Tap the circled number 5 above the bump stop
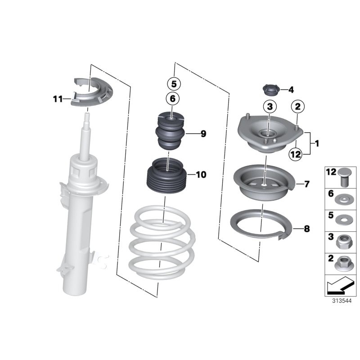click(x=174, y=84)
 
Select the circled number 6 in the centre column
click(x=174, y=98)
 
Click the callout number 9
click(x=202, y=134)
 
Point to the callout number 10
click(x=201, y=175)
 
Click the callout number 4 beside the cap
click(x=291, y=90)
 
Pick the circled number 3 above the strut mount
click(x=269, y=107)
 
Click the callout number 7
click(x=306, y=184)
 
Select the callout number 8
click(x=306, y=229)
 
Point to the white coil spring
click(x=162, y=243)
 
